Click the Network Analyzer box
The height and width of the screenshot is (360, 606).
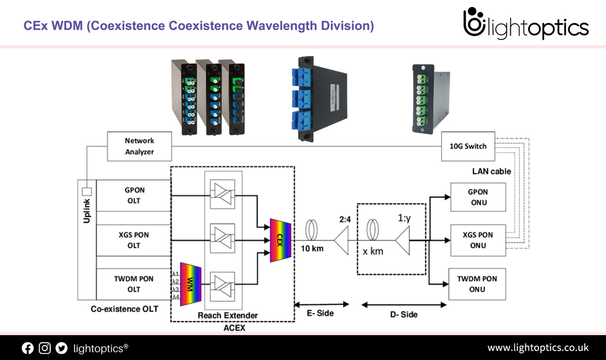(139, 146)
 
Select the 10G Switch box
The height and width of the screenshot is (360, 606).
(468, 146)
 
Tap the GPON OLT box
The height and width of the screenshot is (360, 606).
(134, 195)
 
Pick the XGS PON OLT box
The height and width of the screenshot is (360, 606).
(134, 240)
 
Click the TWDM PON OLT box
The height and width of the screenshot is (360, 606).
(134, 284)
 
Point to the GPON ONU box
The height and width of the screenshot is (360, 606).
(478, 197)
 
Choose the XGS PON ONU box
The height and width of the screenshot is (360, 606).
(478, 240)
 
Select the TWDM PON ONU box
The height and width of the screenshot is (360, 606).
(478, 284)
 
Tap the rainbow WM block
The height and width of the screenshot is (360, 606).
(191, 284)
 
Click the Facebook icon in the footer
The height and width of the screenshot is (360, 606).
(28, 348)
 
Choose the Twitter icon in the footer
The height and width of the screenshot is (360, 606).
(62, 348)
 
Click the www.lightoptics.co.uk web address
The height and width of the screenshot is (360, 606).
(537, 348)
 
